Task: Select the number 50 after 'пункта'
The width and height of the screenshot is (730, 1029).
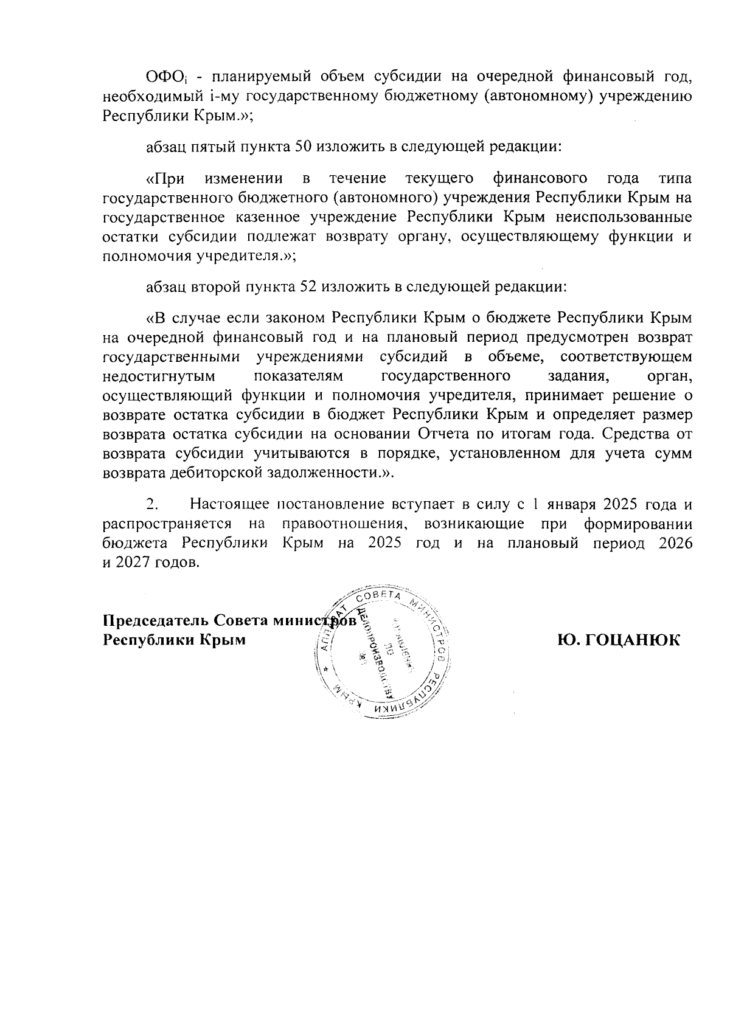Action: point(304,147)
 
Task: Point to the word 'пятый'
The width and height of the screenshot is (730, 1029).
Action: point(211,147)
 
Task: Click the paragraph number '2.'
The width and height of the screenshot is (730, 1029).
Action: point(152,505)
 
